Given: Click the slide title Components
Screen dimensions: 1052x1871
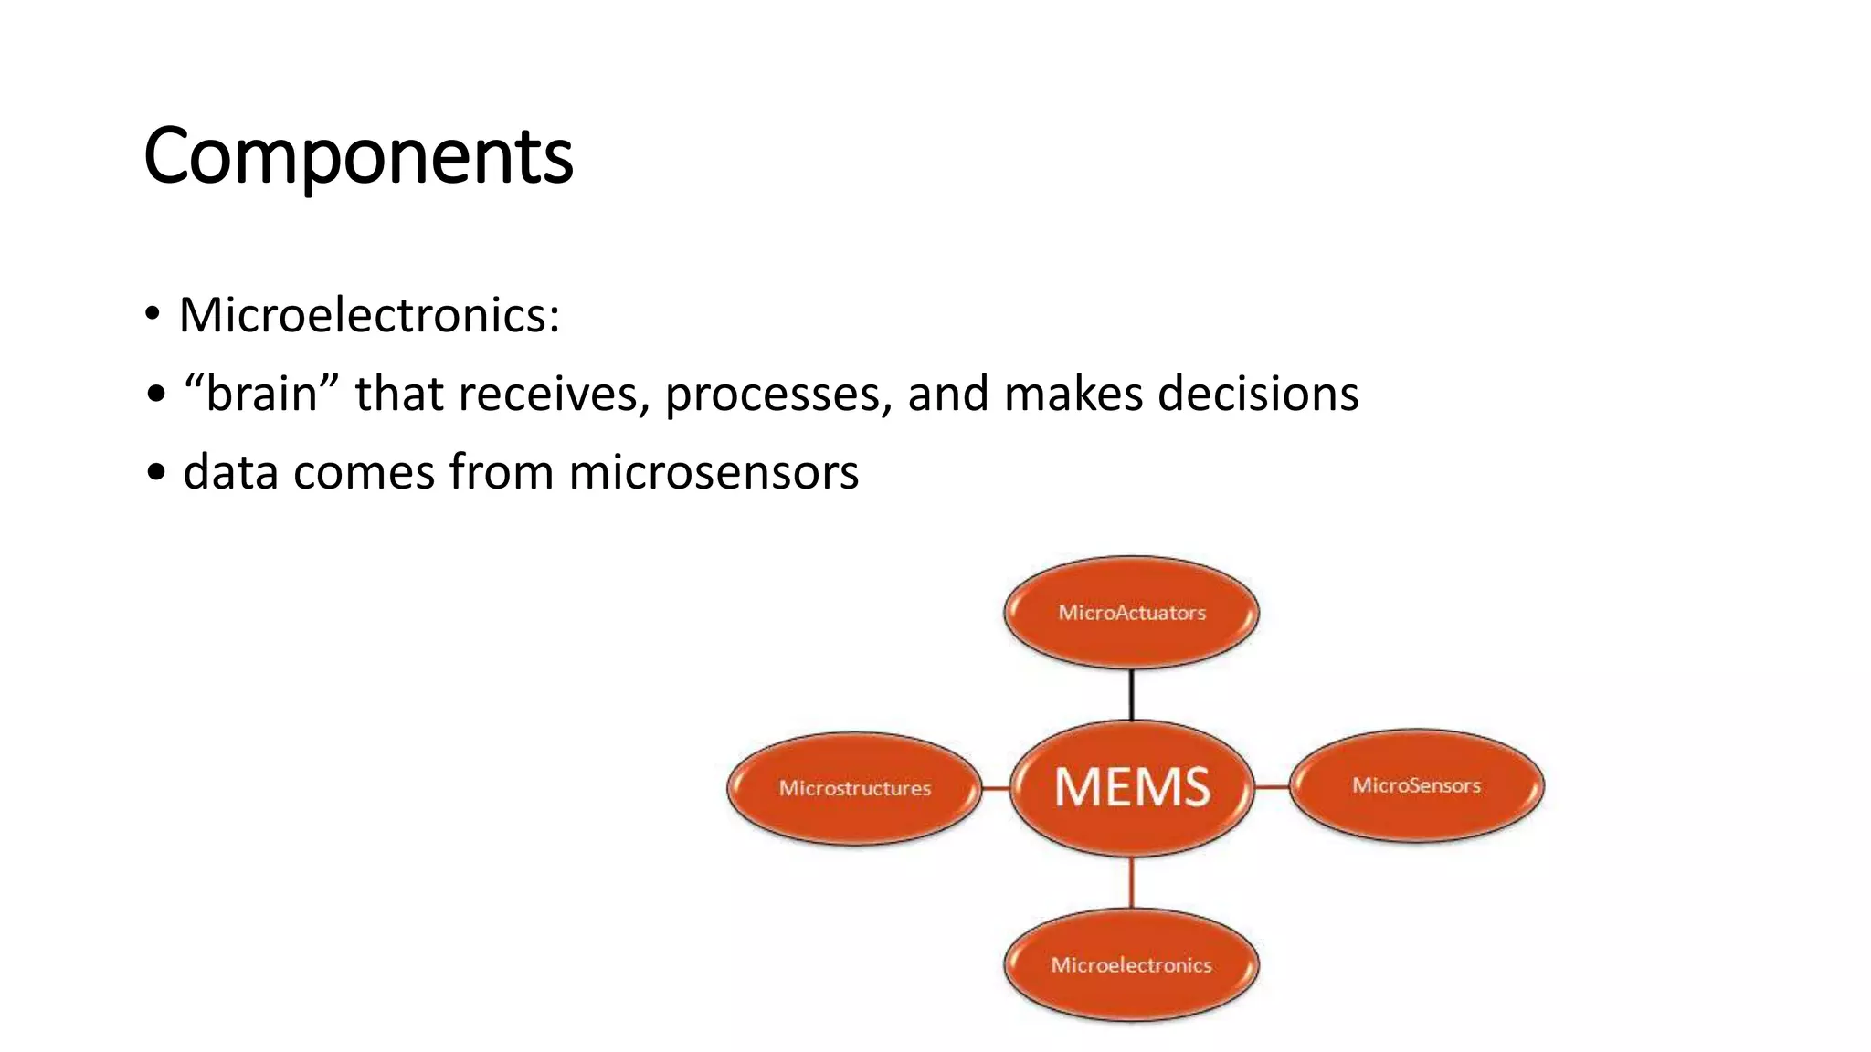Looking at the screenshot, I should [x=358, y=156].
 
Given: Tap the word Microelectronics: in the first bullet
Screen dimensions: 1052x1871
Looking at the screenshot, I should [x=369, y=315].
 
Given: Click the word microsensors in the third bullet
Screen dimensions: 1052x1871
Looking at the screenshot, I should [x=714, y=472].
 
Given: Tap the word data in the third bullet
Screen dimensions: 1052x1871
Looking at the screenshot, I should [x=230, y=472].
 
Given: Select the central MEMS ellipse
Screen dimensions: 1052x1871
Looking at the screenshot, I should [x=1132, y=787].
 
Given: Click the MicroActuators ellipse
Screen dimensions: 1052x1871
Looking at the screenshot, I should [x=1131, y=613].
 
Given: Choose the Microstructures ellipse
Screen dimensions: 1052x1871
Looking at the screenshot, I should [x=854, y=788].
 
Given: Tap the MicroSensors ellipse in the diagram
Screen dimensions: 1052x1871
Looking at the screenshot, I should [x=1416, y=785].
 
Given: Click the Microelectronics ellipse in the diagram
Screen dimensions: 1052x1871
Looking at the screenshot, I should [x=1131, y=964].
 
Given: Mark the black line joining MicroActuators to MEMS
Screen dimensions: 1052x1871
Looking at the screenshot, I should [x=1132, y=695].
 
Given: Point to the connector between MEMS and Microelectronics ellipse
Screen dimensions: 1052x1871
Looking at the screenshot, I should [x=1132, y=882].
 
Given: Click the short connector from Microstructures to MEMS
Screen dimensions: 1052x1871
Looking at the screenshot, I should [x=996, y=787].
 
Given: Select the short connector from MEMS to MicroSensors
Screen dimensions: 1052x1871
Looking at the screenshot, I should [x=1271, y=786].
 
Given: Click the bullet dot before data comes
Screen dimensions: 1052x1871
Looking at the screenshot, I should [x=156, y=473].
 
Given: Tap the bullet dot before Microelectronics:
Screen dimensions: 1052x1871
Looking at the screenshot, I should [x=153, y=315].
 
